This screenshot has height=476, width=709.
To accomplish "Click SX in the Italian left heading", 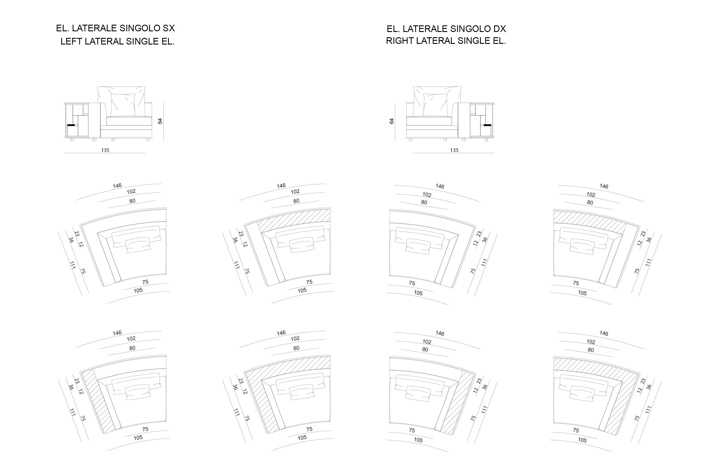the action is [x=169, y=28].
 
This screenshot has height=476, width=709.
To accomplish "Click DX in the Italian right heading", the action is [x=499, y=29].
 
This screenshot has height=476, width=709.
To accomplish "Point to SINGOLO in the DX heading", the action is [x=470, y=29].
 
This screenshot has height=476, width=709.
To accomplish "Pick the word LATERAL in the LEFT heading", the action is [x=104, y=41].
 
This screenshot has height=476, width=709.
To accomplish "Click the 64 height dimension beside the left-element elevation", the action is [x=160, y=121].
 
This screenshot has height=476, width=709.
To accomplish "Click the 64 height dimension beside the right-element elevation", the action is [x=391, y=121].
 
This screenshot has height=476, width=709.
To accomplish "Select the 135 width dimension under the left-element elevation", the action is [x=105, y=150].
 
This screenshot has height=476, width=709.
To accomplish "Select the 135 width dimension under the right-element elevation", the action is [x=454, y=150].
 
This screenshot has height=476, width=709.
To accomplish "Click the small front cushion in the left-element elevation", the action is [x=123, y=105].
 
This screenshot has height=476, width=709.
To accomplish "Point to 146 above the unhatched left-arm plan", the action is [x=117, y=186].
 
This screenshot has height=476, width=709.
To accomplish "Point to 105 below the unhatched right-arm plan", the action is [x=418, y=293].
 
